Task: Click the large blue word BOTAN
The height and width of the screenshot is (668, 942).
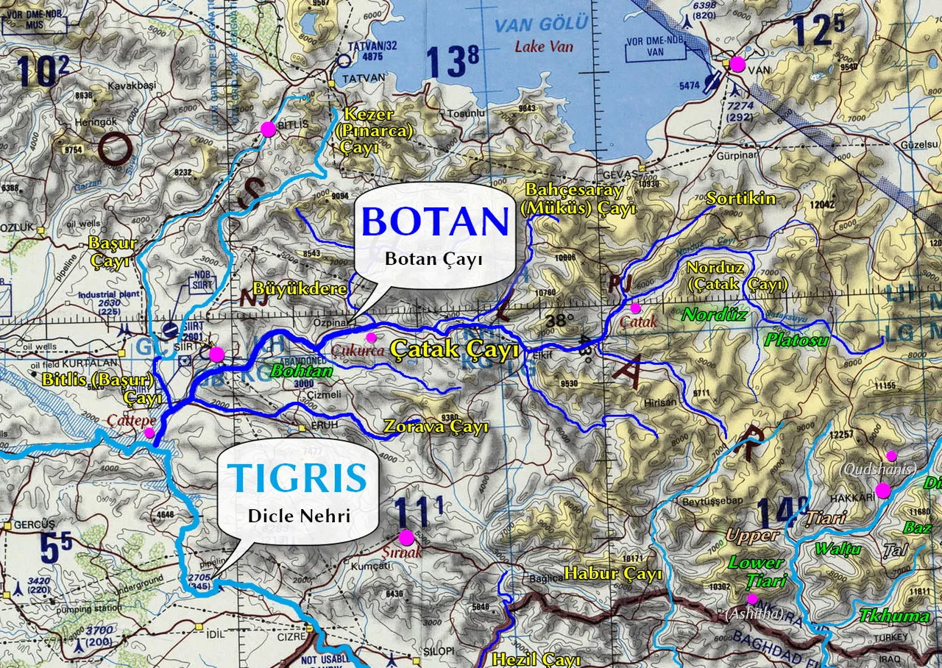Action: tap(436, 221)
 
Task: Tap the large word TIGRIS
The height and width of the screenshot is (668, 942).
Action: tap(297, 478)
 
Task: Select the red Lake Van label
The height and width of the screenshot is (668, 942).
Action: tap(540, 46)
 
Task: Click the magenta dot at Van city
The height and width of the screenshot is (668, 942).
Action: tap(737, 64)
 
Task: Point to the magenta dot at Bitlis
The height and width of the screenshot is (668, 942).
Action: tap(268, 129)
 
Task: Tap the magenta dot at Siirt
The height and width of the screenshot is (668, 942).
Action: tap(216, 355)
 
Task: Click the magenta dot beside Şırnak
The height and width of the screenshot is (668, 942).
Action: tap(406, 537)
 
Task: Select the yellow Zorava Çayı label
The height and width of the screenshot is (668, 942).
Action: tap(436, 427)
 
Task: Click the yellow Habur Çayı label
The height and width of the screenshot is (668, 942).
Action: tap(613, 573)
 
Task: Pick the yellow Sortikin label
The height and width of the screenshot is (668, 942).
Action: tap(740, 198)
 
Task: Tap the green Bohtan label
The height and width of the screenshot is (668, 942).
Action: tap(302, 371)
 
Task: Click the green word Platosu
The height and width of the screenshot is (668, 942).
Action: tap(796, 340)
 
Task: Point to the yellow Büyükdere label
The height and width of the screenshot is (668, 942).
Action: tap(300, 288)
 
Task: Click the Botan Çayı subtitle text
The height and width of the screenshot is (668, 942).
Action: tap(434, 259)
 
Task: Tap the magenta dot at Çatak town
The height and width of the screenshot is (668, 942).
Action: tap(636, 308)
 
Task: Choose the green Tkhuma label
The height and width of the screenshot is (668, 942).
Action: tap(895, 616)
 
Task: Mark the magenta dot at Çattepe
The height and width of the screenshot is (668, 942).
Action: tap(149, 433)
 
